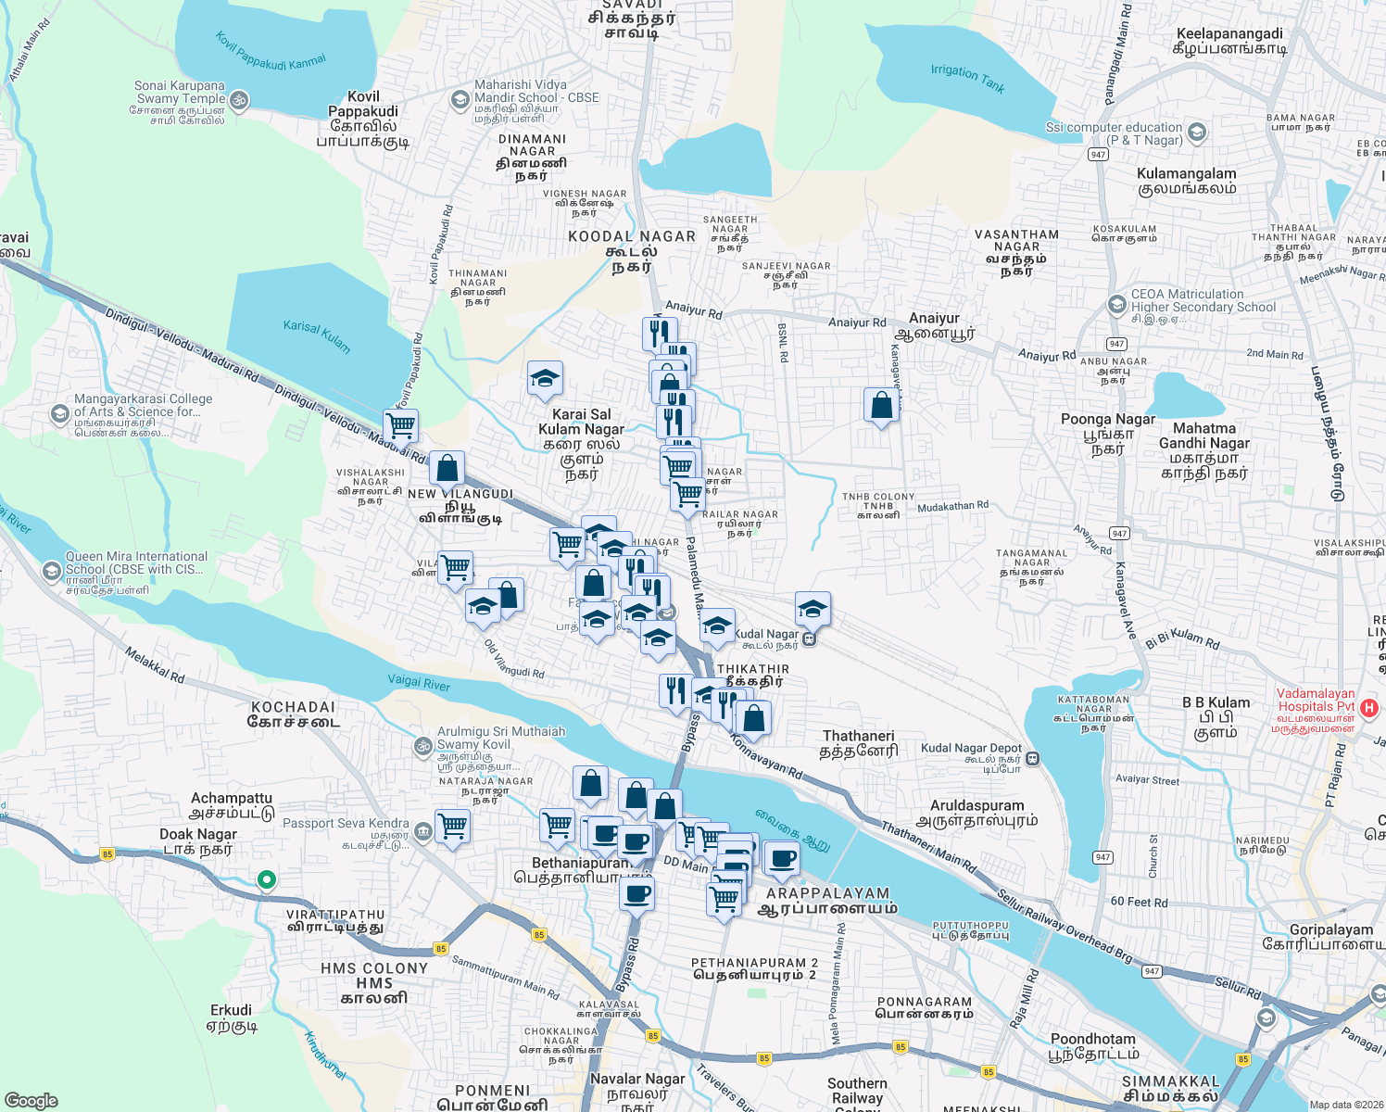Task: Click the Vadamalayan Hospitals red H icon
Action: coord(1369,709)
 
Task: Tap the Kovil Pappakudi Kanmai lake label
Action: coord(271,52)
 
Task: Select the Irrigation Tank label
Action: coord(967,78)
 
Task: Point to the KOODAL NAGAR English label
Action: coord(632,237)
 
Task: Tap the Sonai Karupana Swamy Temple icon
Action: coord(238,99)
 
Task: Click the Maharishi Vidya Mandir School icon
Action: coord(460,99)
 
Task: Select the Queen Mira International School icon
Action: coord(52,569)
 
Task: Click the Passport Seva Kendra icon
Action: coord(423,831)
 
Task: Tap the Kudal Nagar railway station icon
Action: coord(809,638)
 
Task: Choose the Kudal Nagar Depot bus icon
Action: coord(1033,759)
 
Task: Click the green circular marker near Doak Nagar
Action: coord(266,879)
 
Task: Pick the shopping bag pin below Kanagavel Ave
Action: coord(881,405)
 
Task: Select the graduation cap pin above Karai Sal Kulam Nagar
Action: coord(545,378)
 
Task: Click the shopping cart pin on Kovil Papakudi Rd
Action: coord(401,425)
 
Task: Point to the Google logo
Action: coord(31,1101)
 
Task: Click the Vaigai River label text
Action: coord(419,683)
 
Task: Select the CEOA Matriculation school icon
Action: coord(1116,304)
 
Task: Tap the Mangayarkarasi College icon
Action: coord(60,413)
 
